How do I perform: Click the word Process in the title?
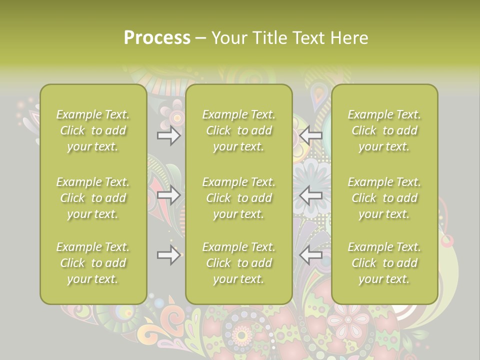coord(157,38)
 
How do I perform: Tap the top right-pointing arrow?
coord(169,135)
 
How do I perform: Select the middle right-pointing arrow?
coord(169,195)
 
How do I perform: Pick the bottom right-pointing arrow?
coord(169,255)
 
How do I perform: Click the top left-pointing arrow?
coord(310,135)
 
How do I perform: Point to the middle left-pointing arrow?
coord(310,195)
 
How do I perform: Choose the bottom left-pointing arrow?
coord(310,255)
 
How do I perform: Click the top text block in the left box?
coord(93,130)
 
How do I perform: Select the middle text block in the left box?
coord(93,198)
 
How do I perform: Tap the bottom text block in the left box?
coord(93,263)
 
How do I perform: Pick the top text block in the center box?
coord(239,130)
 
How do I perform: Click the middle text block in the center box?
coord(239,198)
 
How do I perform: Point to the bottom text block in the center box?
coord(239,263)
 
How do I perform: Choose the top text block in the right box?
coord(384,130)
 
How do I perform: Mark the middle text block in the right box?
coord(384,198)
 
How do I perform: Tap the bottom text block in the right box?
coord(384,263)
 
